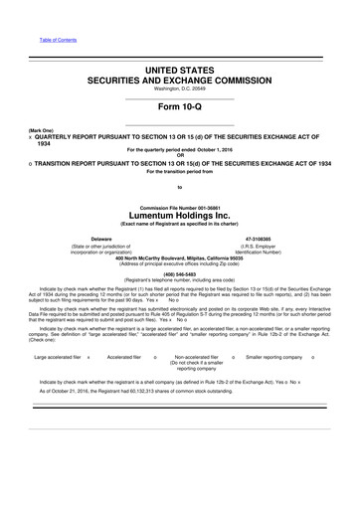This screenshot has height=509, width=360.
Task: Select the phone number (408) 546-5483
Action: click(x=180, y=276)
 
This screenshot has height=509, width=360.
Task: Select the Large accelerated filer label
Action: click(x=57, y=355)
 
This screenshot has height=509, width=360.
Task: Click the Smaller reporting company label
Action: click(x=275, y=355)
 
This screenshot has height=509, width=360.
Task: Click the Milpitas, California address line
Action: click(x=180, y=257)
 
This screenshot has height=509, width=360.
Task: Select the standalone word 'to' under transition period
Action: click(x=180, y=187)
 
